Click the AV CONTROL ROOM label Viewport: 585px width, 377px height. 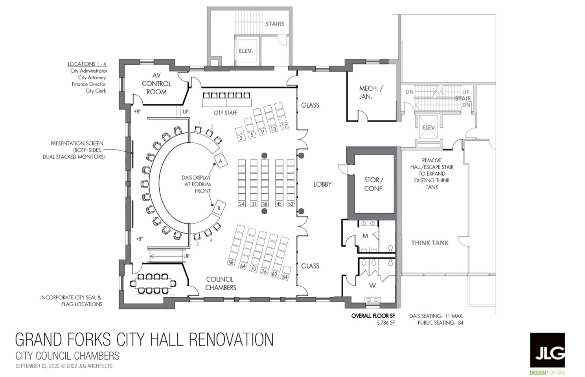[156, 84]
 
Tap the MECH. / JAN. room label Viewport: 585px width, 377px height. [371, 92]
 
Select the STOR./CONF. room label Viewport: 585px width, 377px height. [374, 184]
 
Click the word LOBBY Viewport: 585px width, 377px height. [322, 184]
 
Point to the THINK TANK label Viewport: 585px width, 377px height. [430, 243]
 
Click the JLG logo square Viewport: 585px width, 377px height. [547, 350]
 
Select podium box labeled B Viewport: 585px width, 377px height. [219, 208]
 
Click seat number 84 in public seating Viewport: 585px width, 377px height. [285, 276]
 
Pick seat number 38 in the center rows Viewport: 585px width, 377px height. [265, 204]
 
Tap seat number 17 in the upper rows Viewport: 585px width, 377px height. [284, 126]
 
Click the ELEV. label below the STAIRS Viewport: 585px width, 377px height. [246, 51]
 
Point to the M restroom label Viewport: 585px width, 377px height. [365, 236]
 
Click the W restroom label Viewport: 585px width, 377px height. [372, 286]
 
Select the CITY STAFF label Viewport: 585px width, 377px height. [226, 113]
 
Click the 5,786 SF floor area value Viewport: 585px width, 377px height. [386, 323]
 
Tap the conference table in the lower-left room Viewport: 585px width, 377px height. [153, 283]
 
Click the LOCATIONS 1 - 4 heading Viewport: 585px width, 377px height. [87, 64]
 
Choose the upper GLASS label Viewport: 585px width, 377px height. [310, 105]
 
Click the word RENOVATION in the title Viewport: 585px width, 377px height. [231, 339]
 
